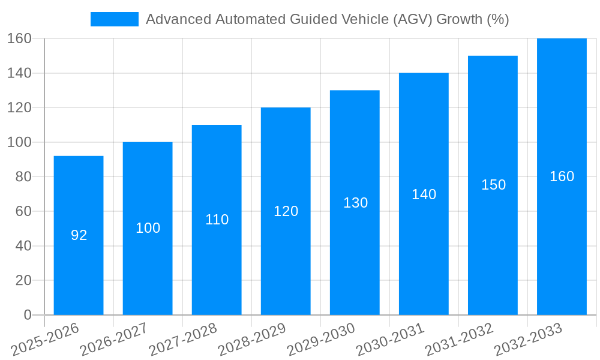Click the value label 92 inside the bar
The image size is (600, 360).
[79, 235]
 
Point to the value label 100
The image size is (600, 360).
[148, 228]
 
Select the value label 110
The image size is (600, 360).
[217, 220]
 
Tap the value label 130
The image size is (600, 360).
[355, 203]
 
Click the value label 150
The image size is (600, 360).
[493, 185]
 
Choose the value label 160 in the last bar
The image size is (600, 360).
[562, 176]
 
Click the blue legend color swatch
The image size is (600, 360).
[114, 19]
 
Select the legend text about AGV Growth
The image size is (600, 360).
[327, 19]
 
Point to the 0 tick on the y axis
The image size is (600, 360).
[28, 315]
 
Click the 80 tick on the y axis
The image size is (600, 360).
[23, 177]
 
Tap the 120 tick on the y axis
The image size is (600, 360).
[20, 108]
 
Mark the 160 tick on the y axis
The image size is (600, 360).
[20, 39]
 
